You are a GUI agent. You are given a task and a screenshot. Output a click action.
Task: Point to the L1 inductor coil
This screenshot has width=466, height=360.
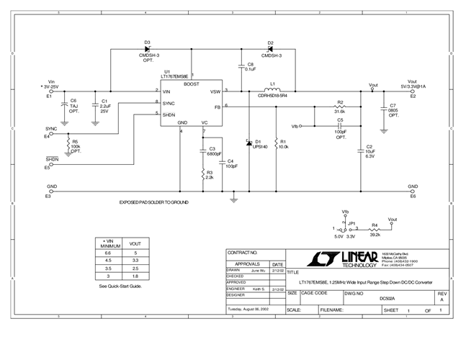tap(273, 91)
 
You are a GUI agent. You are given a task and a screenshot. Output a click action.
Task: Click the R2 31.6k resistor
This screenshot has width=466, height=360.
tap(339, 107)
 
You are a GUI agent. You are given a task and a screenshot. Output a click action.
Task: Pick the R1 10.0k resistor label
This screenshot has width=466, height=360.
tap(284, 144)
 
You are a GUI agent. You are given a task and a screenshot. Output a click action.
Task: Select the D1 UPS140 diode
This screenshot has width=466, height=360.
tap(248, 140)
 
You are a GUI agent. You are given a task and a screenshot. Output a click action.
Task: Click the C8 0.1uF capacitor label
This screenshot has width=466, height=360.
tap(250, 67)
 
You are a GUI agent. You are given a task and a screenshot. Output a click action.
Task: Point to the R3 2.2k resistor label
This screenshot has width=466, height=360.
tap(210, 175)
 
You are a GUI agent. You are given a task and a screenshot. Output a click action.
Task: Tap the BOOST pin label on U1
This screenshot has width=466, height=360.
tap(192, 84)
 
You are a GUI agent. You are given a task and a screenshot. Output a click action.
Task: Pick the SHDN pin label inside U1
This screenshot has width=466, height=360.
tap(169, 114)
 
